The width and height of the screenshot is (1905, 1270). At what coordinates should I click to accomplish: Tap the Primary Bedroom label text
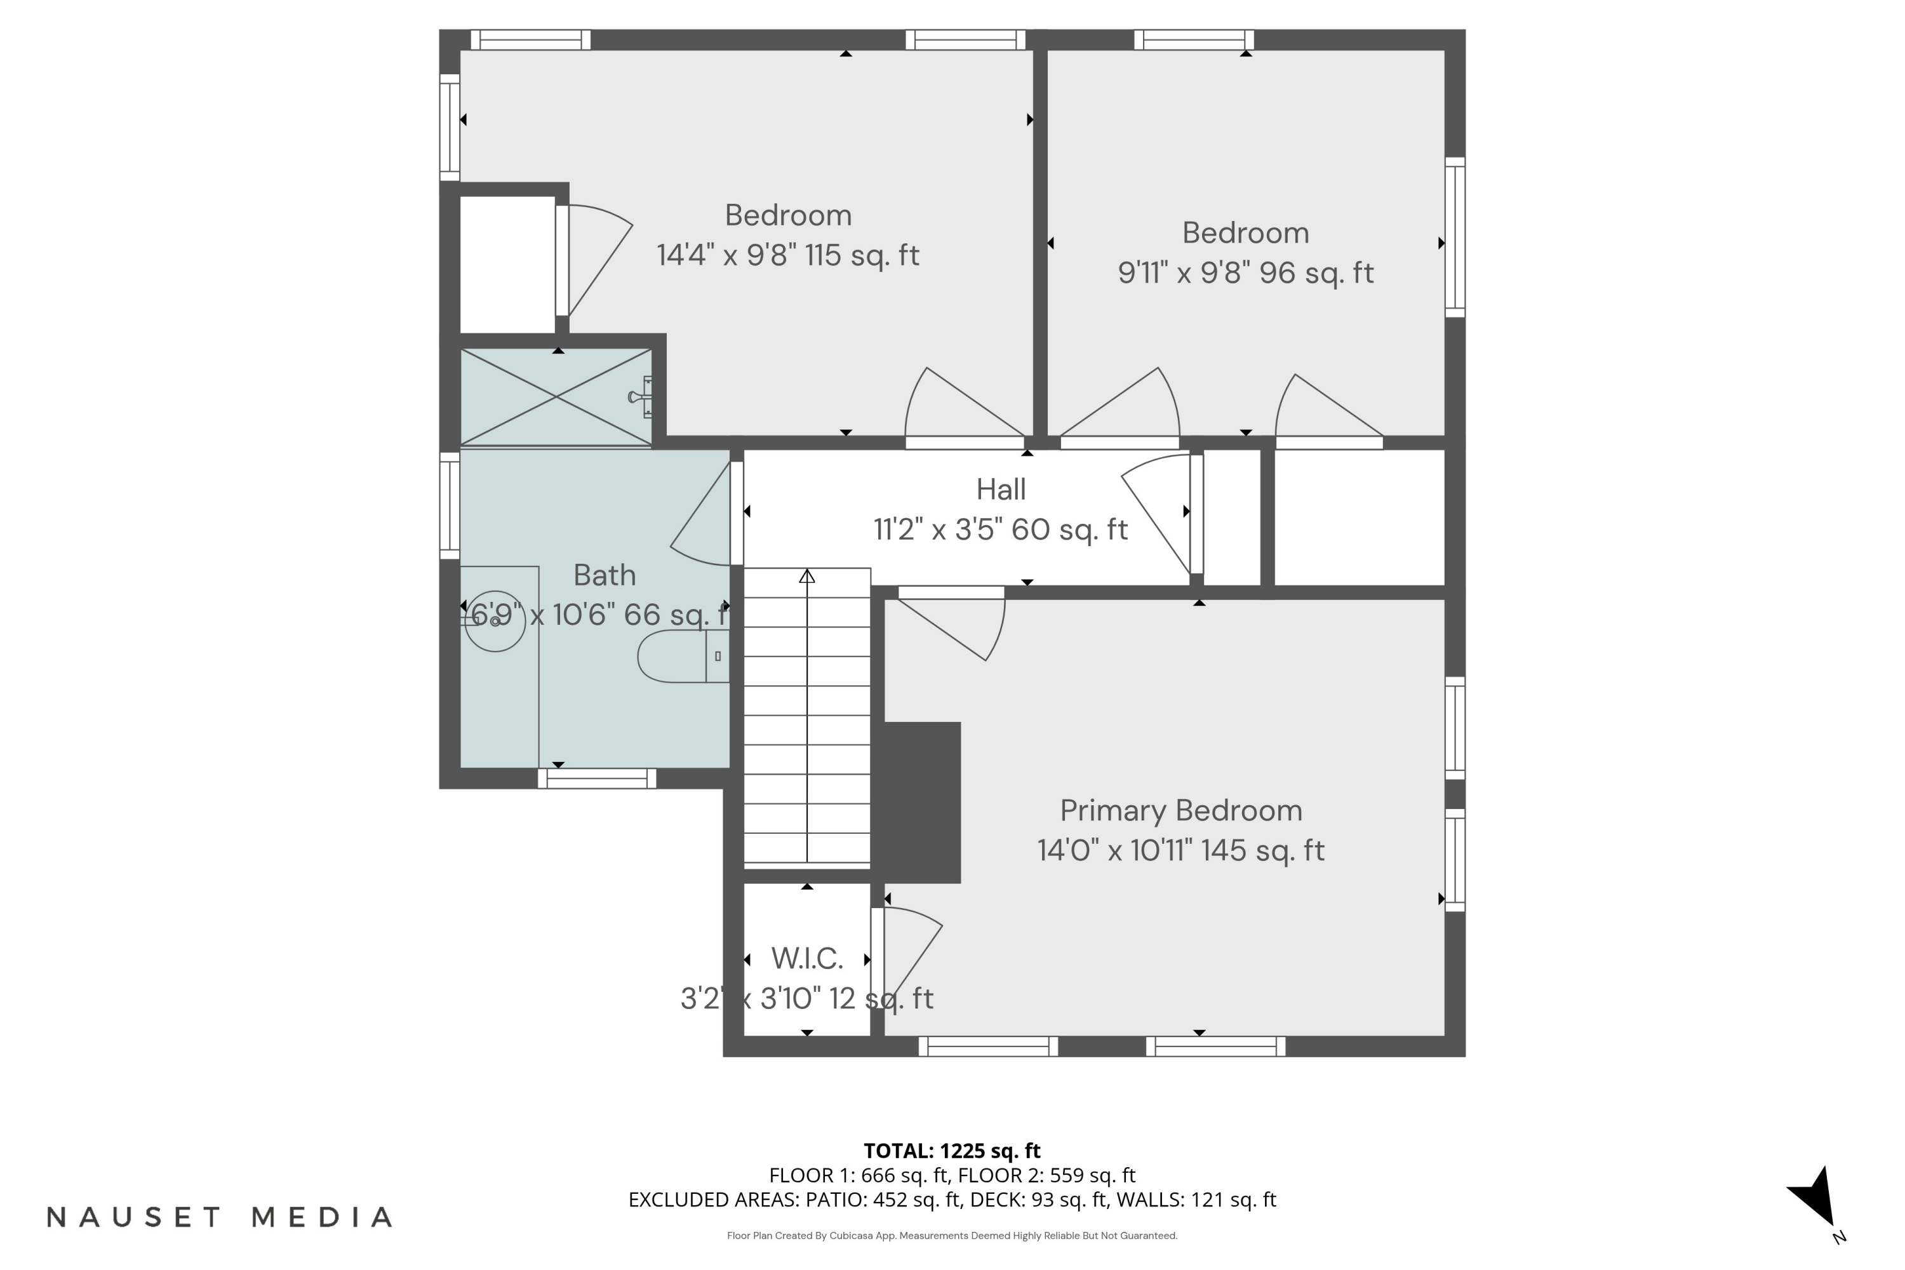tap(1181, 810)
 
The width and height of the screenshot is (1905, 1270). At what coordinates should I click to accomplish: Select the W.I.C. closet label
tap(806, 958)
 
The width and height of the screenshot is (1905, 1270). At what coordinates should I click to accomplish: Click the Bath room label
tap(605, 575)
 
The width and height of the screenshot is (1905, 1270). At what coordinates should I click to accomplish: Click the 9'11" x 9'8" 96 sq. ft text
tap(1246, 273)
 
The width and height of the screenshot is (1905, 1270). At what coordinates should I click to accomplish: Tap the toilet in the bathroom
tap(683, 656)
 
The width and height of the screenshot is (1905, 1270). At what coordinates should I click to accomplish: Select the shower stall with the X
tap(556, 397)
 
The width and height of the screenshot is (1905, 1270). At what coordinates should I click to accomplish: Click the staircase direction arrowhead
tap(806, 576)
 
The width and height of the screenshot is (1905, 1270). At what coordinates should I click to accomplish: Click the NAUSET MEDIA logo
tap(220, 1217)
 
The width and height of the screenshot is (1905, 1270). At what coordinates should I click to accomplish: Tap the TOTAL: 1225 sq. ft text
tap(952, 1150)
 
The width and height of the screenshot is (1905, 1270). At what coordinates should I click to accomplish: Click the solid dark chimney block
tap(922, 802)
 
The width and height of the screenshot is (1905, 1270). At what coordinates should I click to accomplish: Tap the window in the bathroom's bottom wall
tap(597, 779)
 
